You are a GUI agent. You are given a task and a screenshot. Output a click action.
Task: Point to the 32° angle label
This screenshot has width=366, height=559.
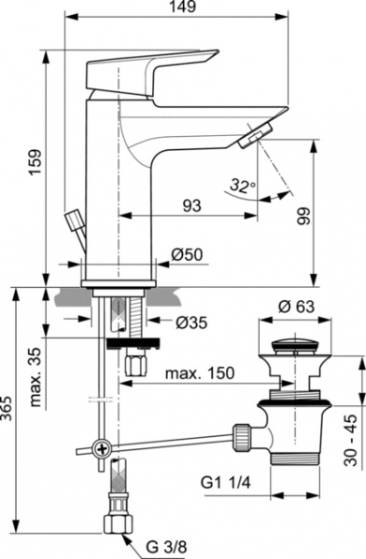240,185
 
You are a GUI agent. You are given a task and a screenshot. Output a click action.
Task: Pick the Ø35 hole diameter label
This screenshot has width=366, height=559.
190,322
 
